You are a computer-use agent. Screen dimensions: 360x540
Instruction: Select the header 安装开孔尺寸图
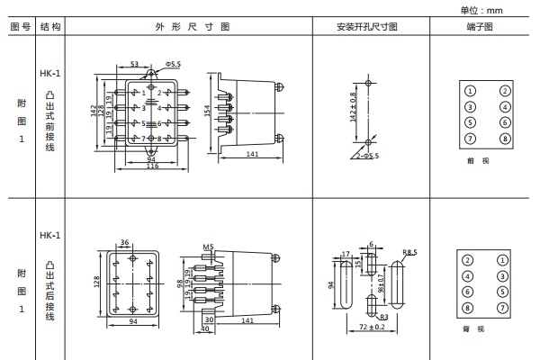(367, 27)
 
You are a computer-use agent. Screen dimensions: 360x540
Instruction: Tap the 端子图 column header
(482, 27)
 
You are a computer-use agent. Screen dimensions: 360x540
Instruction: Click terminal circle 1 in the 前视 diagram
(470, 90)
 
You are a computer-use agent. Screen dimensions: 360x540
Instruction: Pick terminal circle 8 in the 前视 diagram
(505, 138)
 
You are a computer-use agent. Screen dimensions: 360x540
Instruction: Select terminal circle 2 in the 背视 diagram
(468, 260)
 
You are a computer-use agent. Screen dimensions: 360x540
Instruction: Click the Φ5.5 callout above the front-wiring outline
(173, 65)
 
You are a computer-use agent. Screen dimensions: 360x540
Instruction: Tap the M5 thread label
(208, 246)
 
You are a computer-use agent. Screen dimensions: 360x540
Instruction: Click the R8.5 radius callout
(410, 252)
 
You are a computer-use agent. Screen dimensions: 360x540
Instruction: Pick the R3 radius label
(383, 317)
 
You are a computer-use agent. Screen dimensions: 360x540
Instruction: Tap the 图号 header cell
(20, 27)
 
